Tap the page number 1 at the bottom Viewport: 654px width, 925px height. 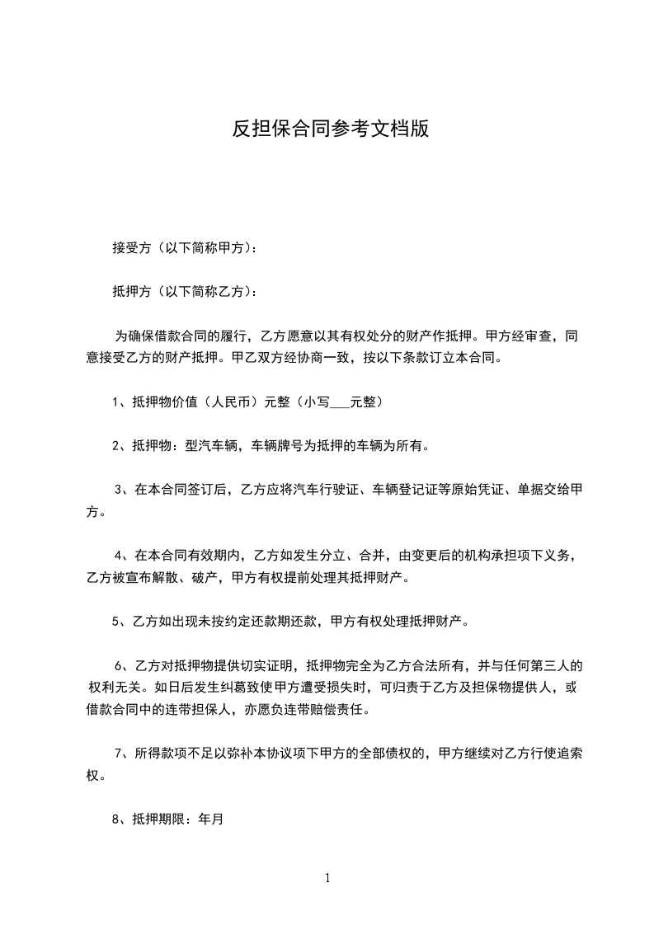point(327,878)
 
